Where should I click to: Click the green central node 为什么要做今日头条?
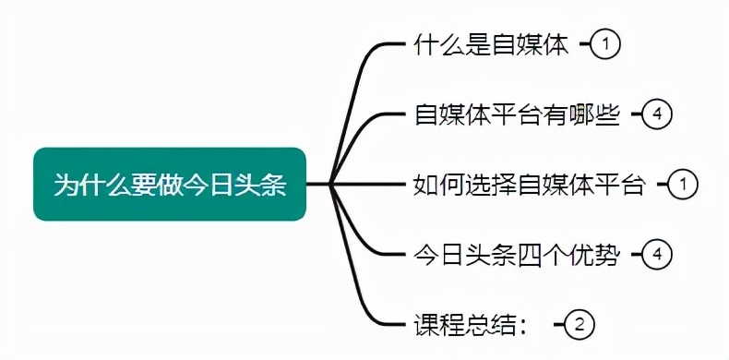[x=169, y=185]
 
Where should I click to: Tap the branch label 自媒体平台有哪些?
[x=516, y=115]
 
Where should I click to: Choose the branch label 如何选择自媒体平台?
[x=529, y=185]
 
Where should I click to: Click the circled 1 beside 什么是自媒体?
[x=604, y=44]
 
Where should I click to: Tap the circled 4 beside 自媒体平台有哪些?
[x=657, y=114]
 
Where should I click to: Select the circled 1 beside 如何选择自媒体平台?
[x=683, y=185]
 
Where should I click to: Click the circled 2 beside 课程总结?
[x=580, y=324]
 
